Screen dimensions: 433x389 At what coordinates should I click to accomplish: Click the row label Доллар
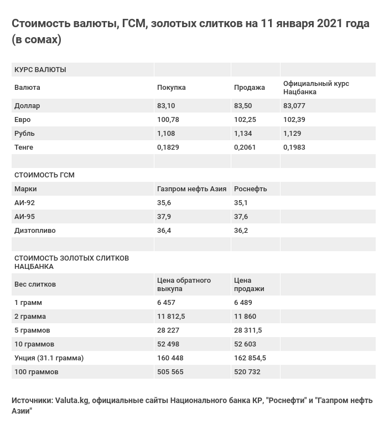(x=27, y=106)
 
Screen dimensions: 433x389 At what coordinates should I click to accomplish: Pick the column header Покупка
(x=172, y=88)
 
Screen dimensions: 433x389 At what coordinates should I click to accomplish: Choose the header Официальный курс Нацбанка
(x=316, y=88)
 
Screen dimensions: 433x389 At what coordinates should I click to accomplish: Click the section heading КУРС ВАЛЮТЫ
(x=40, y=70)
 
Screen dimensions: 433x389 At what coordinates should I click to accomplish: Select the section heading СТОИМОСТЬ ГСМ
(x=44, y=175)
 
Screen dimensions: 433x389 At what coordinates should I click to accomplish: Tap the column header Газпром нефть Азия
(x=191, y=189)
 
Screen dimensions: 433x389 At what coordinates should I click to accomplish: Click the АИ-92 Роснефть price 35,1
(x=241, y=203)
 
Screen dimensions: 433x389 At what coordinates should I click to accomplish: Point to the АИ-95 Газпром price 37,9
(x=164, y=217)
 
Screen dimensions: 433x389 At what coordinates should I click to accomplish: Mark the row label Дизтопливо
(x=35, y=231)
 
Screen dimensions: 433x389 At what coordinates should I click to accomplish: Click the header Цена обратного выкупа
(x=184, y=284)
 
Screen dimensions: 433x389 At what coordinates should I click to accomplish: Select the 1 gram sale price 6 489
(x=243, y=303)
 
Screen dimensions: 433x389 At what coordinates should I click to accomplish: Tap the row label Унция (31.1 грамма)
(x=49, y=358)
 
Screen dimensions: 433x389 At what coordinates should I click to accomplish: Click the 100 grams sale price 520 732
(x=247, y=372)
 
